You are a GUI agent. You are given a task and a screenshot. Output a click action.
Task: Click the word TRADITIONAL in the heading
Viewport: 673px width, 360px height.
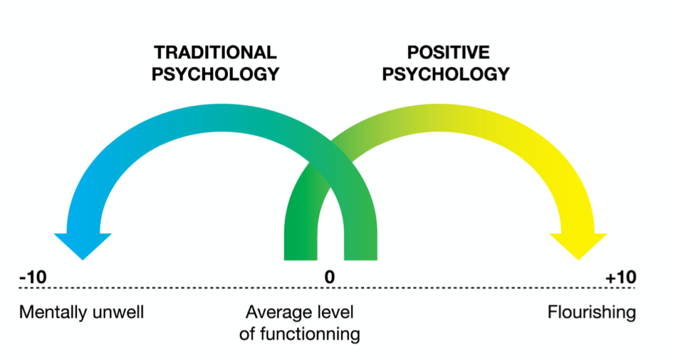click(215, 53)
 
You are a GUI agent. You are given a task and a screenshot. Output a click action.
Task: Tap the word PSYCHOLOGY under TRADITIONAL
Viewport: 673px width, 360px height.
click(215, 74)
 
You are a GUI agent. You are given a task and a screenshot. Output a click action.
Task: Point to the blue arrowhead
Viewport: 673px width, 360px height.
click(83, 245)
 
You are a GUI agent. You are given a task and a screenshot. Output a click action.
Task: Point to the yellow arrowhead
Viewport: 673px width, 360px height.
click(576, 245)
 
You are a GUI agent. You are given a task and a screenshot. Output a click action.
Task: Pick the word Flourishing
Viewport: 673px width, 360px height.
click(592, 312)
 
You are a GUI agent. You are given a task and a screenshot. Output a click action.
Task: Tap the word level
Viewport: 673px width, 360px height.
click(336, 311)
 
